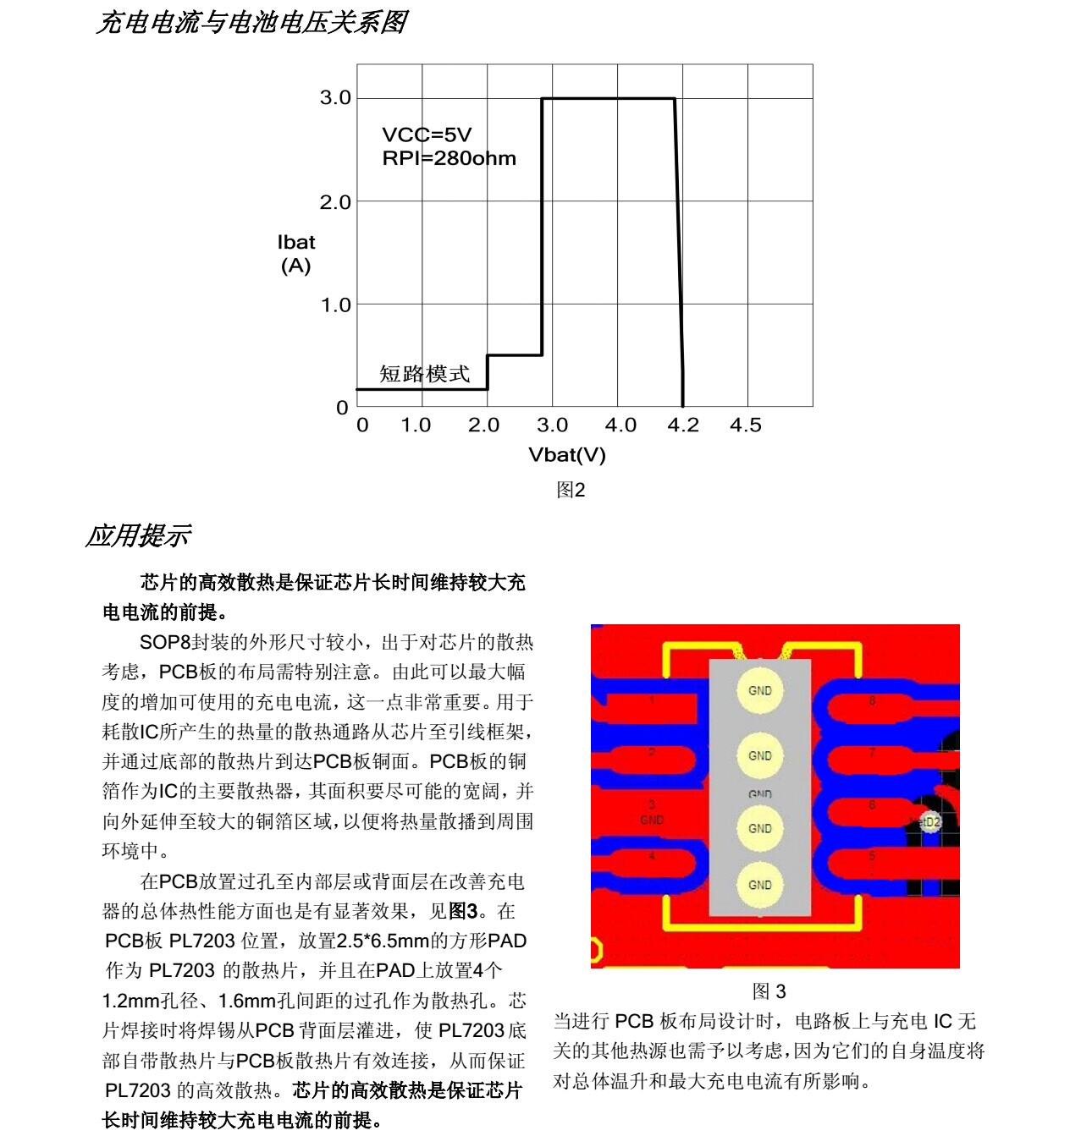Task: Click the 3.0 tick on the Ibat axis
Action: point(335,98)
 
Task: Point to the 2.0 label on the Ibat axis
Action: point(335,202)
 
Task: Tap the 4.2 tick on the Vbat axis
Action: point(683,425)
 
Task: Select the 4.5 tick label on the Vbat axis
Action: point(746,425)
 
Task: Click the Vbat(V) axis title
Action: point(567,455)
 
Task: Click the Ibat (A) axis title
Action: point(295,254)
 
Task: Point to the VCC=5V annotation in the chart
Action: point(427,134)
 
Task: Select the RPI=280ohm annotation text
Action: point(449,158)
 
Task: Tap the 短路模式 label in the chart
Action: point(424,374)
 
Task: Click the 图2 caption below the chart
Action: point(571,490)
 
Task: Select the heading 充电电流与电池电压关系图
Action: point(251,22)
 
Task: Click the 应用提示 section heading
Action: point(138,535)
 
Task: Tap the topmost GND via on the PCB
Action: point(759,690)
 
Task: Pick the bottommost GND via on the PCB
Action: point(759,885)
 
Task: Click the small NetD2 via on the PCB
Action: point(929,821)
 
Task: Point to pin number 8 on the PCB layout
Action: point(872,701)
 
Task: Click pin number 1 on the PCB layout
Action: point(652,700)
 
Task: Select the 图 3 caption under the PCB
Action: point(769,991)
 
